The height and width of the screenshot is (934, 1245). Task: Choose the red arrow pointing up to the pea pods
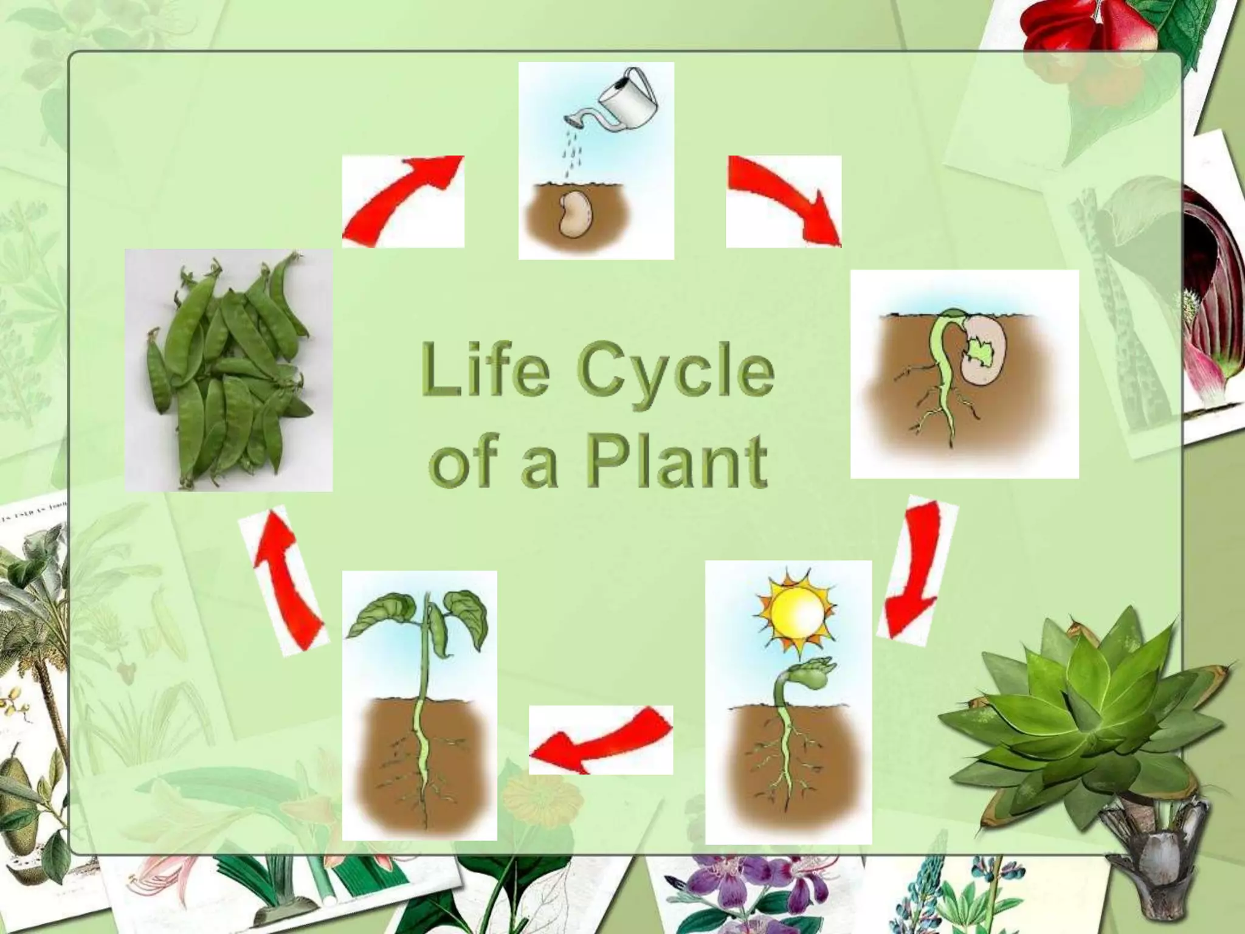pyautogui.click(x=284, y=581)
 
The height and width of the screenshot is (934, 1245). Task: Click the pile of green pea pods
pyautogui.click(x=229, y=370)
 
